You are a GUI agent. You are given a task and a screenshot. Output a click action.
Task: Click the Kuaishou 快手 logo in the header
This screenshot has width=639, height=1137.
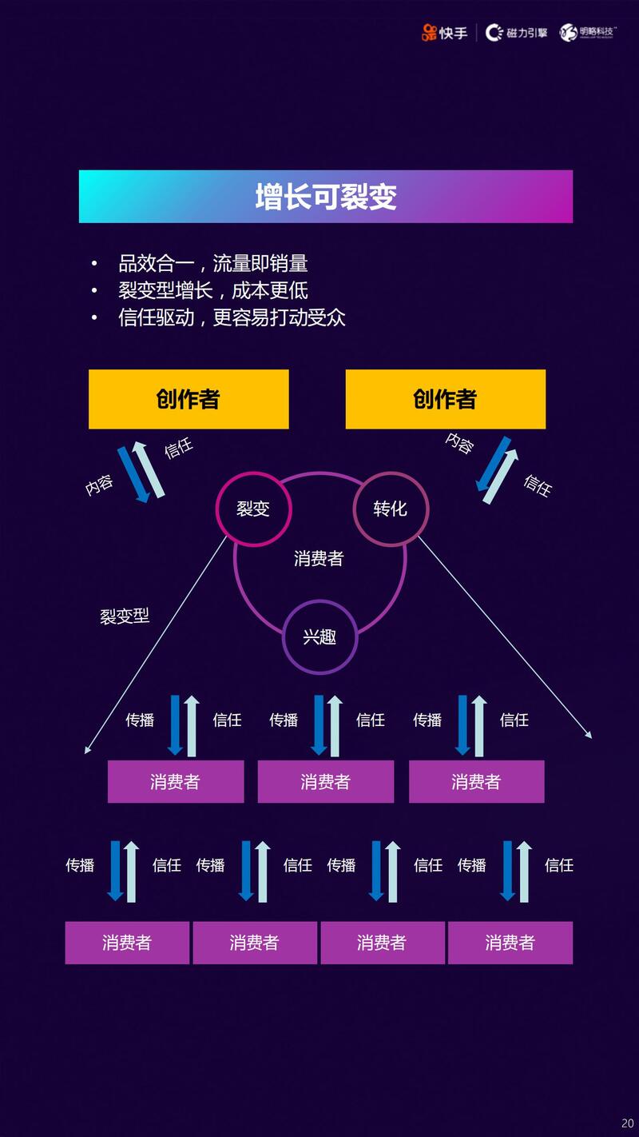445,33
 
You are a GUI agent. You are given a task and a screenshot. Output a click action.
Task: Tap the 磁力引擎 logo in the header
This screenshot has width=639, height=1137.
517,33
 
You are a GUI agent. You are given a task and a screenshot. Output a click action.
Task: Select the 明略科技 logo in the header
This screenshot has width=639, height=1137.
589,32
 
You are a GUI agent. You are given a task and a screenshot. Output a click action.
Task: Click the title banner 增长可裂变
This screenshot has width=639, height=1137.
325,197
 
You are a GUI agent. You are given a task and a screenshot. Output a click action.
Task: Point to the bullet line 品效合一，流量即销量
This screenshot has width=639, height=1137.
212,263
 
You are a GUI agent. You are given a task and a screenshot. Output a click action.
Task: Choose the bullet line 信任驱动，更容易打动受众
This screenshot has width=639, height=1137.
232,317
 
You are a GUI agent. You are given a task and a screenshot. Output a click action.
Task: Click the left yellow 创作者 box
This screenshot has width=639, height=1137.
189,399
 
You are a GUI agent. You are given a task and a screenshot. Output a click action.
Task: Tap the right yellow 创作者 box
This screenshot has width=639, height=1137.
445,399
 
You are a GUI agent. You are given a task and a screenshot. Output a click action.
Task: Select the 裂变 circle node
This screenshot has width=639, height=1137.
253,509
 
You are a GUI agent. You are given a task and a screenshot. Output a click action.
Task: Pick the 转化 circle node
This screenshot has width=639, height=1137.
391,509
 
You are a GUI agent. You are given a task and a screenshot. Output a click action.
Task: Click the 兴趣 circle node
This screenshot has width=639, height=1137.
319,636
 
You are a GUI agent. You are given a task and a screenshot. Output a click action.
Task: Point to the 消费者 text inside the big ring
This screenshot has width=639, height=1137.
319,559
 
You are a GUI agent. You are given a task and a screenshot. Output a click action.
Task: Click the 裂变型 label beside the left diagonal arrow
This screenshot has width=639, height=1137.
125,616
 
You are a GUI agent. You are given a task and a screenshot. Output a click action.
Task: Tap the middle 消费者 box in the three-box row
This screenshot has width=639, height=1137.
325,781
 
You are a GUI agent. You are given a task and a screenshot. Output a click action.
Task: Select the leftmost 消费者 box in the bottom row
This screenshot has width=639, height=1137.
127,943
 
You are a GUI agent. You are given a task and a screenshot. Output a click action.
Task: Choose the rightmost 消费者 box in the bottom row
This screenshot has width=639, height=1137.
510,943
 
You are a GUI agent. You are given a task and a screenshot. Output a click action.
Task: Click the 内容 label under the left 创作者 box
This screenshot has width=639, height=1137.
100,485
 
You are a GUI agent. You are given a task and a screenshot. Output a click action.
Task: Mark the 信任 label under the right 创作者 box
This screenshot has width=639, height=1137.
538,485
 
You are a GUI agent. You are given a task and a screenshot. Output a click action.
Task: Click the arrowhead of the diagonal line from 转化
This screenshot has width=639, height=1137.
589,735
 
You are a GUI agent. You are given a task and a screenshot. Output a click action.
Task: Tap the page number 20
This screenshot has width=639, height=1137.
627,1123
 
